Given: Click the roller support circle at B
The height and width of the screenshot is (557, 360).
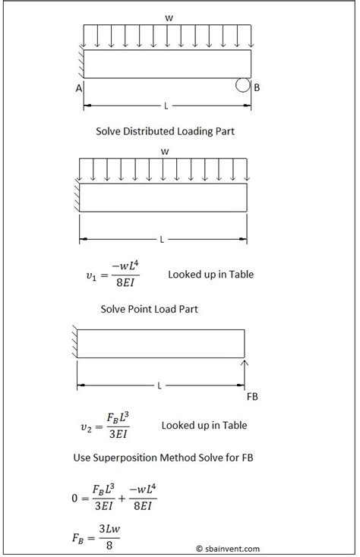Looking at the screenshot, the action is coord(243,85).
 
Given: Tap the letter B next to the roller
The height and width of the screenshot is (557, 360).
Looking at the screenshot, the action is coord(257,88).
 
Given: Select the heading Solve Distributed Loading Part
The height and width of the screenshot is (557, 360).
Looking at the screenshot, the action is coord(165,131).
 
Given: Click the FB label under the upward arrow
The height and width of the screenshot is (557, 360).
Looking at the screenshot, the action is coord(252,396).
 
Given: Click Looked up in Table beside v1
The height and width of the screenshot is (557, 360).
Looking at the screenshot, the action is coord(210,274).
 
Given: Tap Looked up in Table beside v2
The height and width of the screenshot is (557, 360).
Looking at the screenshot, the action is coord(204,426).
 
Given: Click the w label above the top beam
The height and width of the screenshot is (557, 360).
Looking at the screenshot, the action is coord(165,16).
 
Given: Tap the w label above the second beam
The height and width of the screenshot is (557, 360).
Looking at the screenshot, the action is coord(164,151).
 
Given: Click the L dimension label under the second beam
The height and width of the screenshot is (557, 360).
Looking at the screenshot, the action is coord(162,239).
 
